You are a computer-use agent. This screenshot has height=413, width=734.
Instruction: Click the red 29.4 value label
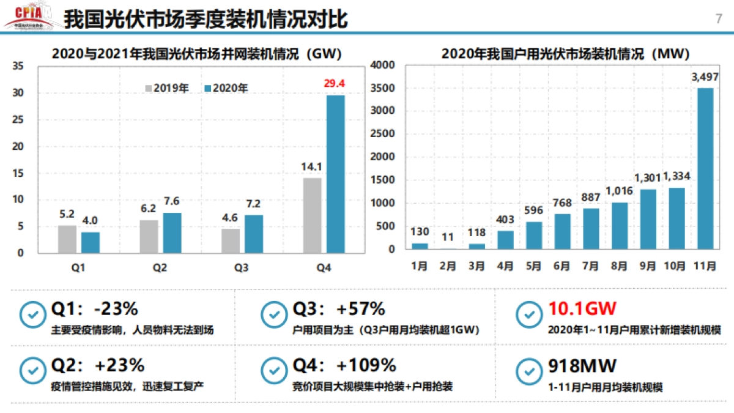[335, 83]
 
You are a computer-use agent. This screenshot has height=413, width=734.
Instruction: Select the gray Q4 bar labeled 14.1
[312, 215]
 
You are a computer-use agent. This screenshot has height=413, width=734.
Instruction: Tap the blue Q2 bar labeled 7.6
[172, 233]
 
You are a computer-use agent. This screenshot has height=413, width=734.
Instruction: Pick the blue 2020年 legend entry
[226, 88]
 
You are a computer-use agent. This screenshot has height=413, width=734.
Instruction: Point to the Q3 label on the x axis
[242, 267]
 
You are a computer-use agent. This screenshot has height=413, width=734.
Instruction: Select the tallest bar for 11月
[705, 168]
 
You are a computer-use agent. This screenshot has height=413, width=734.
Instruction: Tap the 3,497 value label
[705, 77]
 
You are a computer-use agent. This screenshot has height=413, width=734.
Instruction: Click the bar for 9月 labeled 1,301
[648, 219]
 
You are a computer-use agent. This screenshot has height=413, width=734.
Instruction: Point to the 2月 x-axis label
[448, 267]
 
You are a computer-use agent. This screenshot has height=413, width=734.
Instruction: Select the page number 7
[718, 18]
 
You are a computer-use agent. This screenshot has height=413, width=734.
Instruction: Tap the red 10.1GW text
[582, 308]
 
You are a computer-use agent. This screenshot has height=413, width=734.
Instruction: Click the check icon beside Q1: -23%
[31, 315]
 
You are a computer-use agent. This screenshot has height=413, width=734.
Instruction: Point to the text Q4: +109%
[344, 365]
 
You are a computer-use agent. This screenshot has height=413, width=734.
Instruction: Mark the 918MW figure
[582, 365]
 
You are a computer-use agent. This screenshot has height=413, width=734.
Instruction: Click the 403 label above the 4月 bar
[505, 219]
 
